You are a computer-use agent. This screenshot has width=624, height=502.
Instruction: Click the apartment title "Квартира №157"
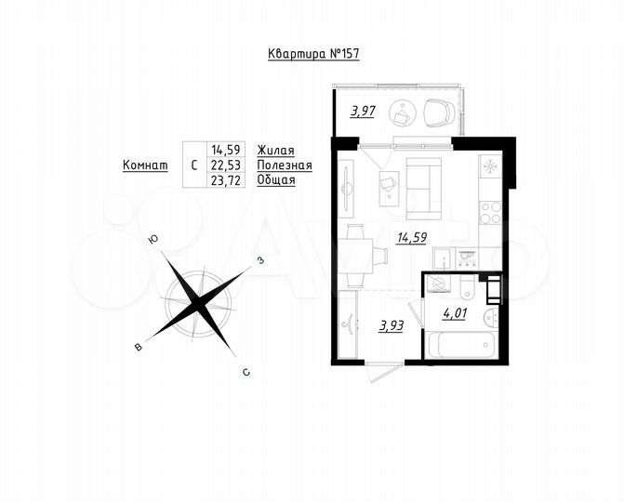tap(312, 54)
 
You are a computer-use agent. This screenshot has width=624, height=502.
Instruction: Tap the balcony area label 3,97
tap(363, 112)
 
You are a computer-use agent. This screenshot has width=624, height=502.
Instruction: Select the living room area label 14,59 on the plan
tap(411, 236)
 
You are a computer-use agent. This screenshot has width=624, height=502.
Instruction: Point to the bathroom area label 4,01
tap(454, 312)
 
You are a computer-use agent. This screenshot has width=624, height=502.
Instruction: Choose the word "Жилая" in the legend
tap(276, 149)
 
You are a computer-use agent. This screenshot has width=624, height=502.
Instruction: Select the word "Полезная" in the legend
tap(285, 165)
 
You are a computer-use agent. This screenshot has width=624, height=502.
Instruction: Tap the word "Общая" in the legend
tap(276, 180)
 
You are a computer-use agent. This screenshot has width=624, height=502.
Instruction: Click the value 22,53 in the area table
tap(227, 165)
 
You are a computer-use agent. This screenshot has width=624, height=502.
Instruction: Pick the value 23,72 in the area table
tap(227, 180)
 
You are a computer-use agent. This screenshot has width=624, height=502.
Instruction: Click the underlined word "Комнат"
tap(145, 165)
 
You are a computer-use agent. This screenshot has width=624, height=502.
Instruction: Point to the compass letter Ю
tap(153, 240)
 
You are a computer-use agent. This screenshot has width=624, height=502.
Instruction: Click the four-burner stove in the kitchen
tap(490, 213)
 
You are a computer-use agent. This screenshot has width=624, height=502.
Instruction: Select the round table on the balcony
tap(403, 112)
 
